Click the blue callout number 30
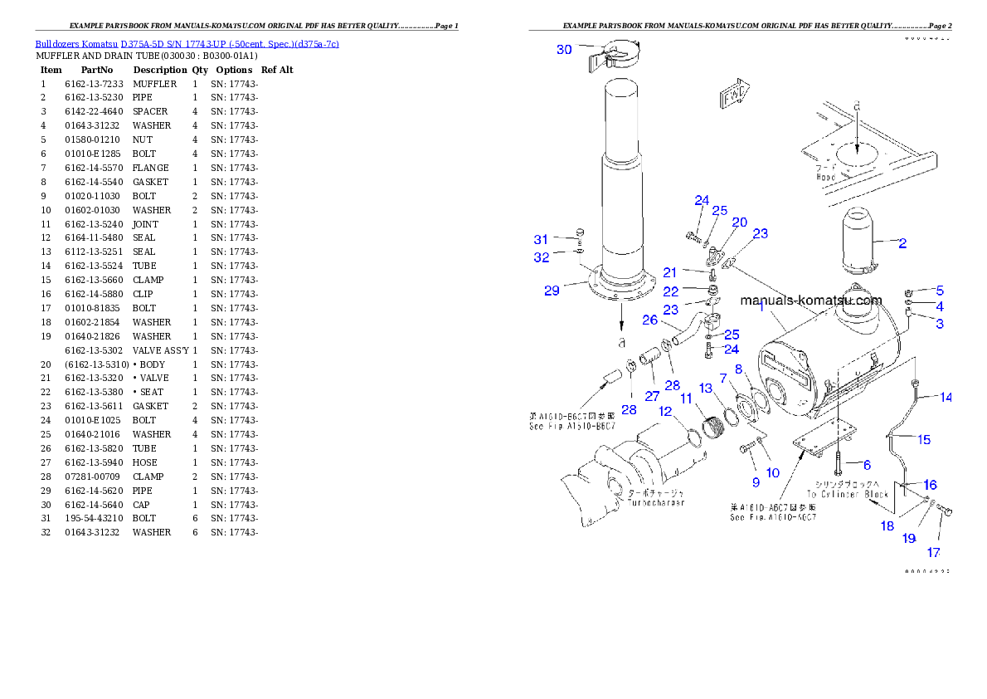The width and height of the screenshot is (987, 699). click(564, 50)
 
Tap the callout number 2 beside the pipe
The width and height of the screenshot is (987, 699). click(902, 243)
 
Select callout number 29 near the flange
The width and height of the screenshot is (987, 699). click(552, 290)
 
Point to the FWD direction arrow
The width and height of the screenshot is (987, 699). click(736, 95)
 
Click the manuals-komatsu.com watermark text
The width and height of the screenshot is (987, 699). click(810, 301)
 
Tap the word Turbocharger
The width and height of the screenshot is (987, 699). click(656, 503)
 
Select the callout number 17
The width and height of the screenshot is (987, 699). click(934, 552)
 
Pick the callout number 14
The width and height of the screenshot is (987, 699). click(946, 397)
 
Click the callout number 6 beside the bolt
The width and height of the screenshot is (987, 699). click(867, 465)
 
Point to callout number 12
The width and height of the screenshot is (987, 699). click(665, 411)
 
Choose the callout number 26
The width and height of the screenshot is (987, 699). click(649, 320)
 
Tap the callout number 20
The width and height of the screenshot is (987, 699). click(739, 222)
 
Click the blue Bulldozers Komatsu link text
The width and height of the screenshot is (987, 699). click(187, 44)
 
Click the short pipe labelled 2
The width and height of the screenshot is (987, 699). click(863, 242)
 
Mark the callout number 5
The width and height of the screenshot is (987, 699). click(940, 291)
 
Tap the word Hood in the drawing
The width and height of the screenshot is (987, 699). click(826, 177)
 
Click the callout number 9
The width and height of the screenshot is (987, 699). click(756, 481)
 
